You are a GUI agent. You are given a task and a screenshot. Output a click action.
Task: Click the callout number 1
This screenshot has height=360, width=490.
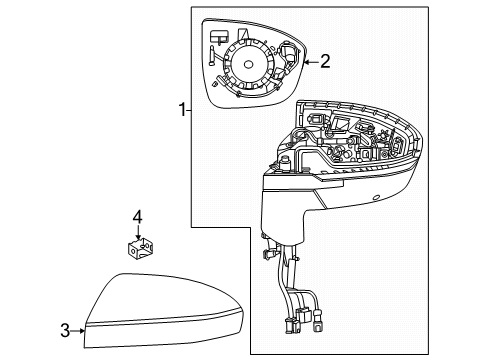click(179, 110)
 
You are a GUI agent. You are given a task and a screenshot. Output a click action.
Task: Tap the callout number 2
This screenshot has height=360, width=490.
click(324, 62)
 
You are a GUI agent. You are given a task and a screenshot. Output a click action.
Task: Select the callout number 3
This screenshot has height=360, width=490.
click(65, 330)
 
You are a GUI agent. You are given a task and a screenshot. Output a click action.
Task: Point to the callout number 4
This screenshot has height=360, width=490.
click(138, 215)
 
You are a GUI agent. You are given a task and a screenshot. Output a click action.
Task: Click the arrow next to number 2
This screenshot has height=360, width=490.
click(308, 62)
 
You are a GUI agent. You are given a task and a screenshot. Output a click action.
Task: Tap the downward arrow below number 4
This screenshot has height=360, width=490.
click(138, 231)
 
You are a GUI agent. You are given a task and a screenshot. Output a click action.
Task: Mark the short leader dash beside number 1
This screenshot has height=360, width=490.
click(188, 110)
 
